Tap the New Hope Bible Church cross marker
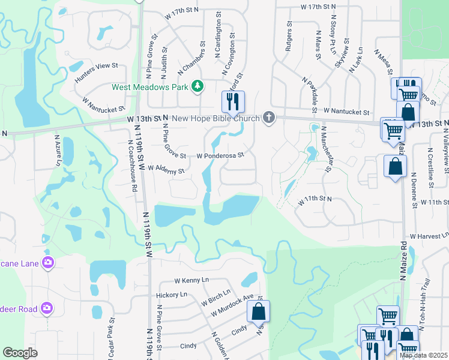click(x=270, y=118)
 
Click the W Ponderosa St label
click(x=220, y=155)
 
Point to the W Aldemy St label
click(x=166, y=170)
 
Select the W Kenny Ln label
click(x=191, y=280)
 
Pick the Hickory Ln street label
click(x=171, y=295)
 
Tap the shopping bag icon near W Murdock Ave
click(x=258, y=311)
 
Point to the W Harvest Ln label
click(x=429, y=237)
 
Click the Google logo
click(x=20, y=353)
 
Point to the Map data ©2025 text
click(x=424, y=355)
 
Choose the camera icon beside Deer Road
click(x=47, y=308)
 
